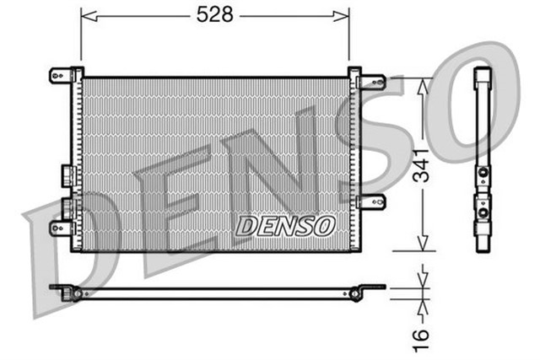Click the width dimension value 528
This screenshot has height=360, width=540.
pos(213,15)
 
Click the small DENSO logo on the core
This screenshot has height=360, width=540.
pos(285,226)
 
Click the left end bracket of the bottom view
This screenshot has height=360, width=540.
pos(67,292)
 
